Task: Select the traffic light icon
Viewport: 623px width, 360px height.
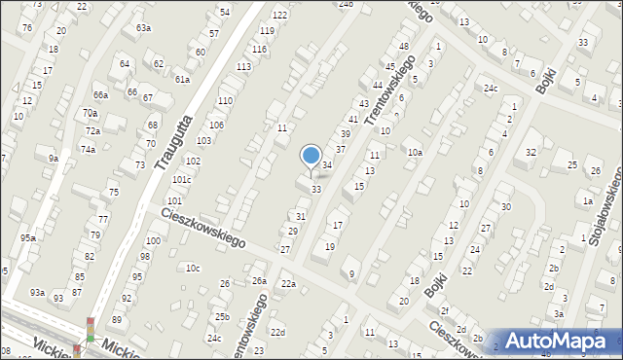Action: tap(91, 330)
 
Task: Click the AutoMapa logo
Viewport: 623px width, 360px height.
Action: tap(556, 340)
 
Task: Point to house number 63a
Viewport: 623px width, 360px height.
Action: tap(143, 28)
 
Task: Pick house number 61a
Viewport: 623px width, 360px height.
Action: tap(182, 79)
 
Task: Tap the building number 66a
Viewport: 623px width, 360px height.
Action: tap(100, 94)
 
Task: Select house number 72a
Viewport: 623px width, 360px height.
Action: tap(92, 130)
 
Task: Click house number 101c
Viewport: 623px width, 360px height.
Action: tap(182, 180)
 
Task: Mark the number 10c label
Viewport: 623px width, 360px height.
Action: tap(193, 269)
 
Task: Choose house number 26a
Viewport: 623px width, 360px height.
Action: tap(259, 281)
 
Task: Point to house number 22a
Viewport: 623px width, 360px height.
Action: tap(288, 283)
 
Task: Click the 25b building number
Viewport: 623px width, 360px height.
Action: tap(222, 317)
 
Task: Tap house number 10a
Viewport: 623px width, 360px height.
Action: tap(415, 153)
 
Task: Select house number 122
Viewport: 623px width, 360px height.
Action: tap(279, 15)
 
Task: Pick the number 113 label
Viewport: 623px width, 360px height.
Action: tap(243, 66)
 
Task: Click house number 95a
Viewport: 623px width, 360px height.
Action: tap(29, 238)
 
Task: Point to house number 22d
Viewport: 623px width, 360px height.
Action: tap(278, 333)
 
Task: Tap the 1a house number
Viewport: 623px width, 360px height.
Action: tap(587, 201)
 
